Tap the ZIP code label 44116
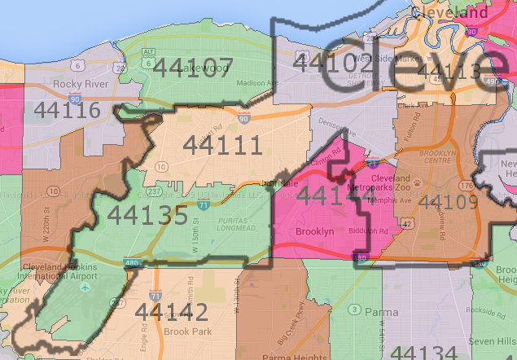(62, 110)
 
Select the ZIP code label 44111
(222, 145)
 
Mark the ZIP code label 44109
(450, 202)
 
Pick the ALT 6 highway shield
(147, 51)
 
